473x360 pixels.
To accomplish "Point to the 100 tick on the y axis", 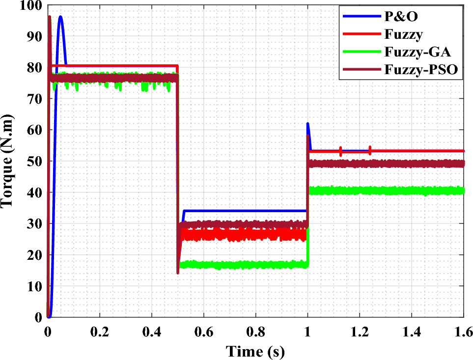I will (x=34, y=6).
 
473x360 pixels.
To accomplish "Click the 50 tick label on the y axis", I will (x=37, y=162).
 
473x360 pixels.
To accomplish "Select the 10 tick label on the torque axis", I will (x=37, y=286).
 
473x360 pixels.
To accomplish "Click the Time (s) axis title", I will (x=255, y=351).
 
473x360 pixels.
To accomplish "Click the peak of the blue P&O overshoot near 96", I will (x=60, y=17).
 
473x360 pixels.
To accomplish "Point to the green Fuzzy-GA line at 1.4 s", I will (x=411, y=191).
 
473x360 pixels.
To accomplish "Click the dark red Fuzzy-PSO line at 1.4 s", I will (x=411, y=164).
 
